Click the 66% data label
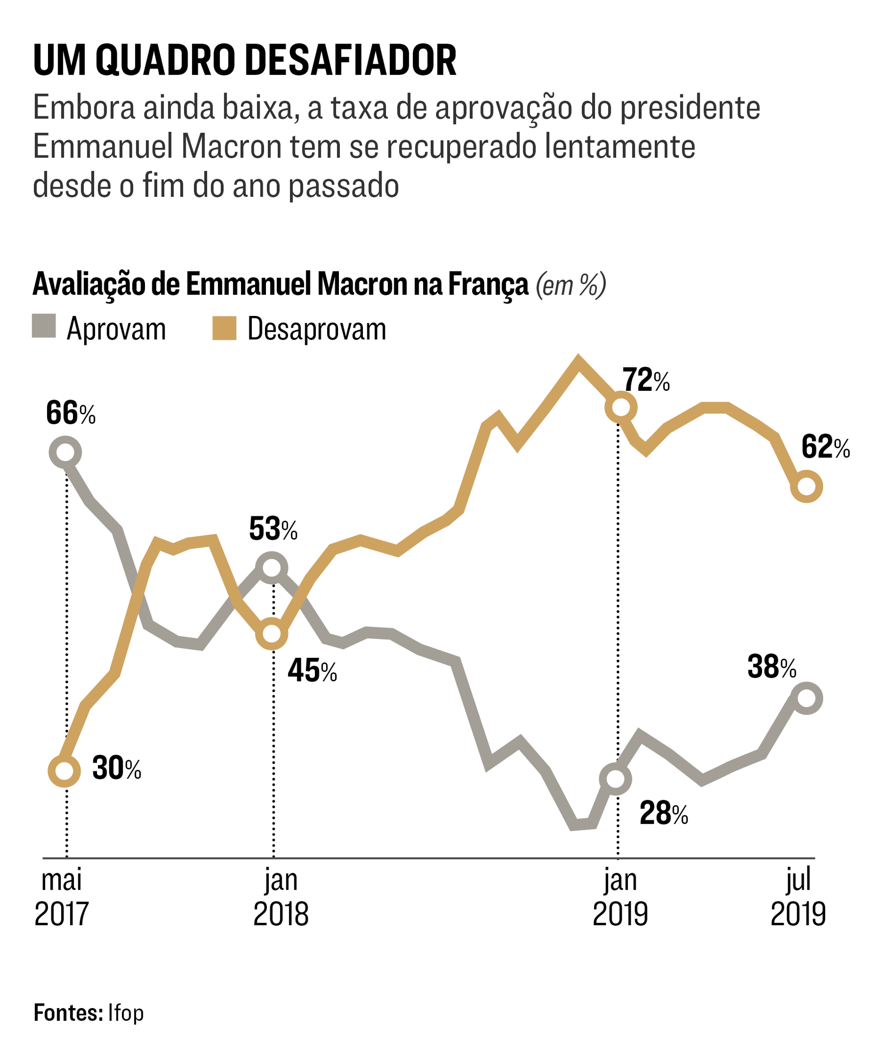71,413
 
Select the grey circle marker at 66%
65,452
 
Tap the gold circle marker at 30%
64,770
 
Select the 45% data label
312,671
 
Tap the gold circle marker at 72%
621,407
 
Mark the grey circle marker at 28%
616,778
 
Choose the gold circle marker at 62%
807,486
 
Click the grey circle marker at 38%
807,698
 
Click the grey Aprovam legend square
44,326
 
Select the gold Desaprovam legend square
224,328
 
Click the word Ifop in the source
126,1012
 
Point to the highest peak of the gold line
579,359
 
